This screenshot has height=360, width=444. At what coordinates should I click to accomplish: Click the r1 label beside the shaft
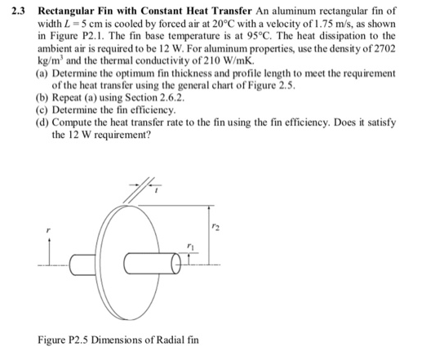(191, 247)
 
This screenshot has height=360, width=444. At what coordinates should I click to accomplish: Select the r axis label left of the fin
(48, 232)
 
